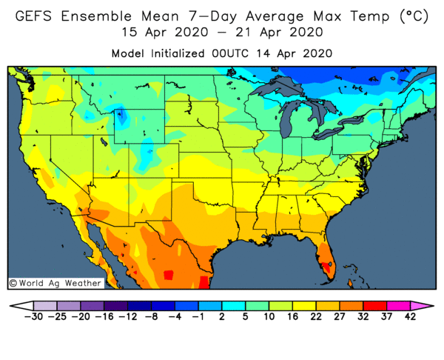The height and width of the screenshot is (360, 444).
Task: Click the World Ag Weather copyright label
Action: coord(55,283)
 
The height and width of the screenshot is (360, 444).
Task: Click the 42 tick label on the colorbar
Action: coord(410,316)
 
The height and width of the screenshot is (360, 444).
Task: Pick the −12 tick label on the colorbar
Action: coord(127,316)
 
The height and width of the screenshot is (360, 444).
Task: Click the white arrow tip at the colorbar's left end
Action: coord(17,304)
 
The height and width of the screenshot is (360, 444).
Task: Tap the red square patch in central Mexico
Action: coord(168,275)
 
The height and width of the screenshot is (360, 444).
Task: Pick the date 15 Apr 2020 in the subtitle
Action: coord(160,33)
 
